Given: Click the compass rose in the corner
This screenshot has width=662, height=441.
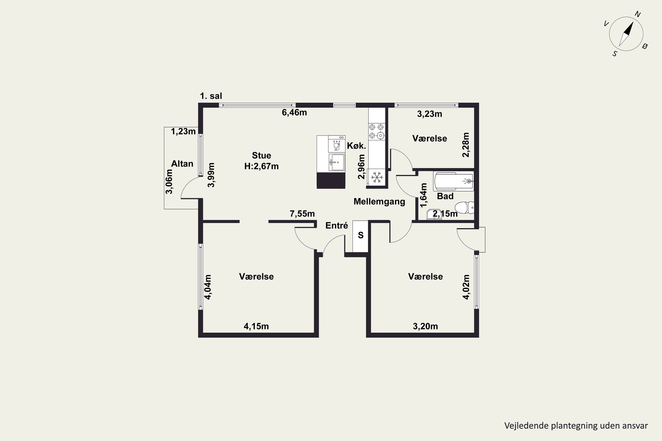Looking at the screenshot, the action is pyautogui.click(x=626, y=34).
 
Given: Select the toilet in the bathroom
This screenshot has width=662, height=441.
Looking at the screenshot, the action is pyautogui.click(x=465, y=207).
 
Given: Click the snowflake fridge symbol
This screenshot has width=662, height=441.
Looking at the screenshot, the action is pyautogui.click(x=377, y=178).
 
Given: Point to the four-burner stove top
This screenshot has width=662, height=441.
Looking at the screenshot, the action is pyautogui.click(x=377, y=132).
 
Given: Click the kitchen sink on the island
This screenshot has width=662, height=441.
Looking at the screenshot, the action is pyautogui.click(x=337, y=162).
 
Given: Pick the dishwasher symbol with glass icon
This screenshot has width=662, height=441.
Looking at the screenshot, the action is pyautogui.click(x=337, y=144).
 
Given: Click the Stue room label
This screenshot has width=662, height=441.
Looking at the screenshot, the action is pyautogui.click(x=261, y=155).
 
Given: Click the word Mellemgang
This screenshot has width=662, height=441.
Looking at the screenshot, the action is pyautogui.click(x=379, y=202).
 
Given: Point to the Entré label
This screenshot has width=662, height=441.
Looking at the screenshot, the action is pyautogui.click(x=337, y=225).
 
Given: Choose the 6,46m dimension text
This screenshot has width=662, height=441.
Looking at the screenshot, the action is pyautogui.click(x=294, y=112).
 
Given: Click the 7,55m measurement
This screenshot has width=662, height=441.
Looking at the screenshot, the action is pyautogui.click(x=302, y=214).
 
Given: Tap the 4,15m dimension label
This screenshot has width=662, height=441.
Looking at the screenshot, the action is pyautogui.click(x=256, y=326).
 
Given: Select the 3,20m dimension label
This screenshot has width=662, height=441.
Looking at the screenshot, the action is pyautogui.click(x=425, y=326).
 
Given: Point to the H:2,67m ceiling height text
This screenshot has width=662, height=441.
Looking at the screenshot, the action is pyautogui.click(x=261, y=166).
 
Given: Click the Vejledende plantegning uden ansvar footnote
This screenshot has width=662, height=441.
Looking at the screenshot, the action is pyautogui.click(x=576, y=426).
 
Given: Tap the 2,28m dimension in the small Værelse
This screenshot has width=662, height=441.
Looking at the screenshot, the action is pyautogui.click(x=466, y=145).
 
